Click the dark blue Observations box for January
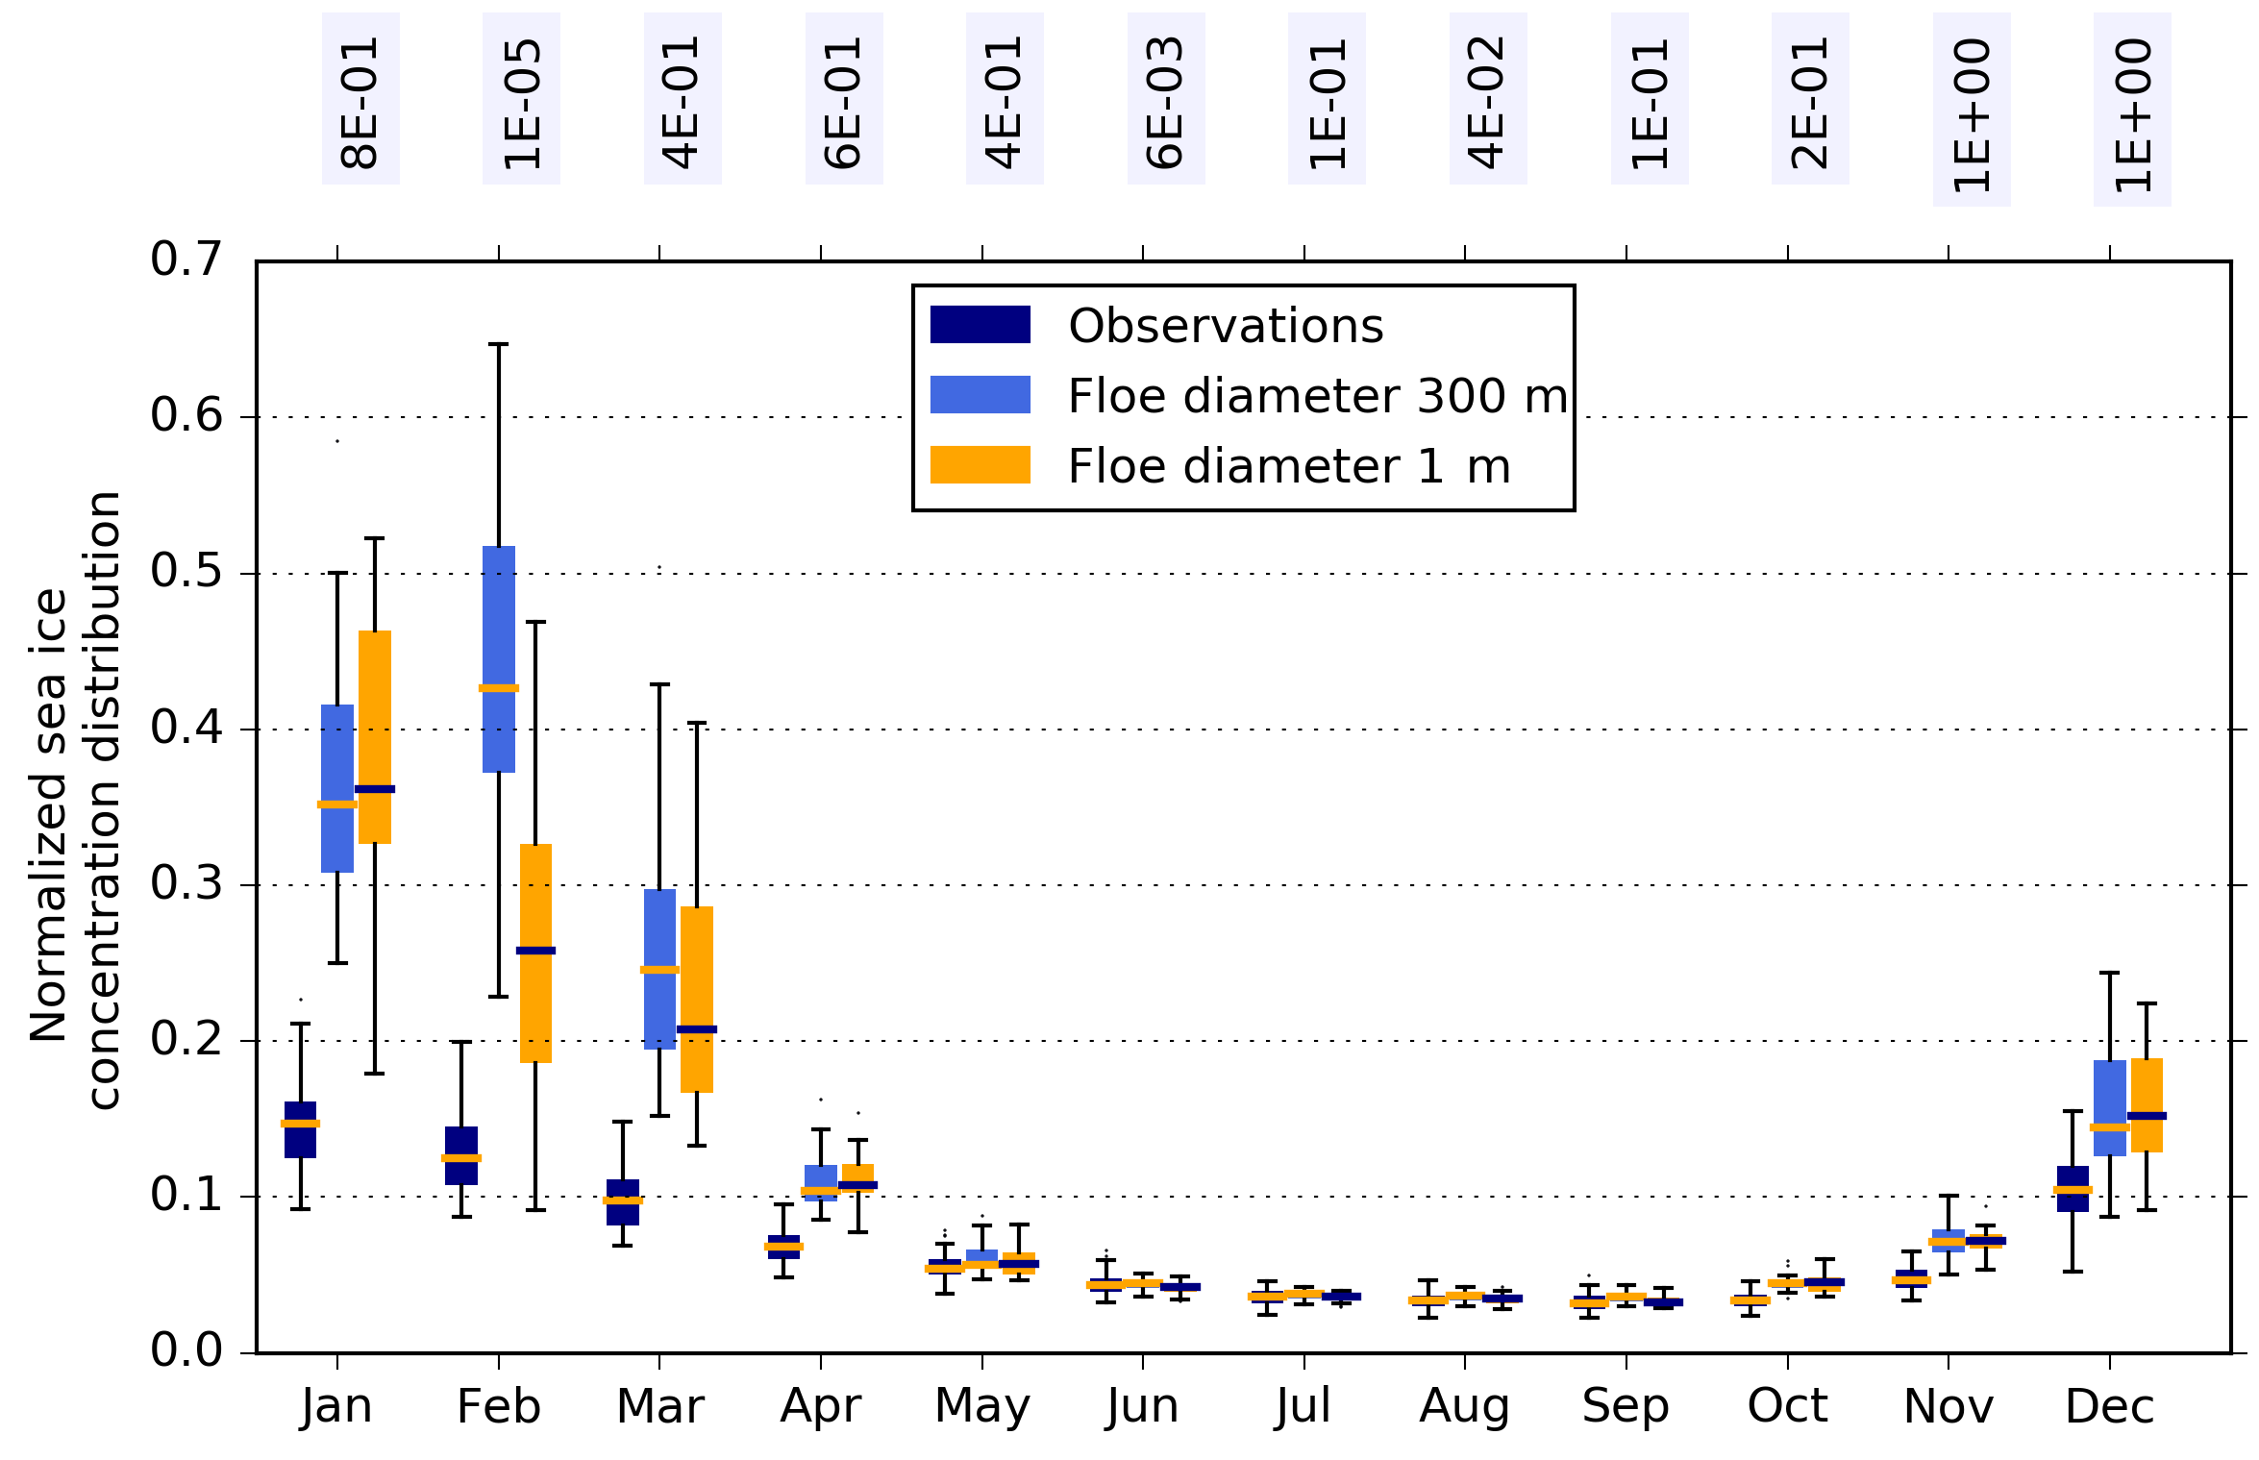point(300,1140)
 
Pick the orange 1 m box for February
point(535,1000)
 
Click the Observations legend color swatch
point(980,325)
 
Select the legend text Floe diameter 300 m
point(1317,396)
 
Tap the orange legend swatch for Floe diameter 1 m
point(980,465)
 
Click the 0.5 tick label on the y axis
point(186,572)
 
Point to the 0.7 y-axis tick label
point(186,260)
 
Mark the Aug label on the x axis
point(1464,1407)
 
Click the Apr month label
point(820,1407)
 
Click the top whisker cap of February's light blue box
point(499,343)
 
